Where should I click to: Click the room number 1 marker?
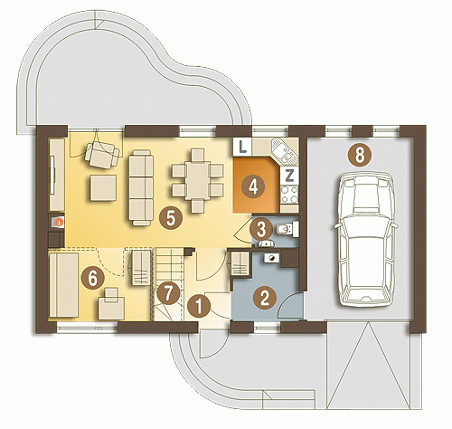[199, 307]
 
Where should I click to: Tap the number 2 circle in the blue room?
[265, 298]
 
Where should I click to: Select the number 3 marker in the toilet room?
[261, 229]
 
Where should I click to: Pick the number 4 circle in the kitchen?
[253, 186]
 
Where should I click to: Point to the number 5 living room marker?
[171, 218]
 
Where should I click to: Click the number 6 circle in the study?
[93, 278]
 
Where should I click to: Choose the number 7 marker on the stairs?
[168, 292]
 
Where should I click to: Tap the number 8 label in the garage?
[360, 156]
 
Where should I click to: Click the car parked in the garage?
[365, 240]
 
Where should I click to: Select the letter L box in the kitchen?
[242, 147]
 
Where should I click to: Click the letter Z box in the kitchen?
[289, 176]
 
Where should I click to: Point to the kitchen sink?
[284, 152]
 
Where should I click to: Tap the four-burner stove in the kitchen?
[289, 195]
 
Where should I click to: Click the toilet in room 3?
[287, 229]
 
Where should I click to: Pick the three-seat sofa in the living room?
[141, 187]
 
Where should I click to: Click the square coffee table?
[103, 187]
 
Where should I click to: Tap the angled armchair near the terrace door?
[102, 155]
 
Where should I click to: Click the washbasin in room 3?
[266, 243]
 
